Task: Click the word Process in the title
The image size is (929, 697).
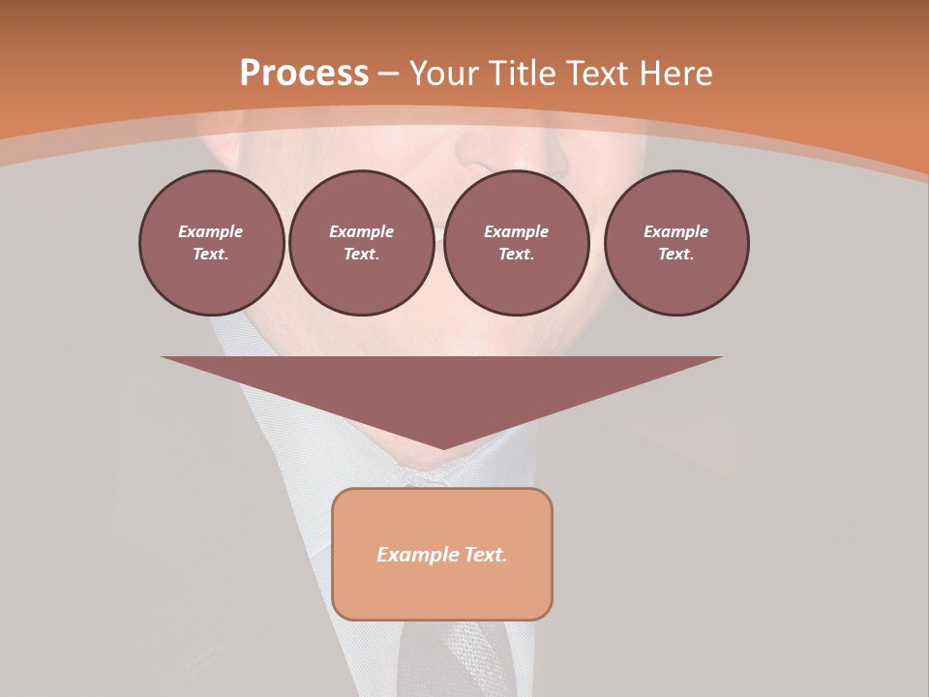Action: click(304, 74)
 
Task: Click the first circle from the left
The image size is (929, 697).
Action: click(211, 242)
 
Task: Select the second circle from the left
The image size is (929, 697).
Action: click(361, 242)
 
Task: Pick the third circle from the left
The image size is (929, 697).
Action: click(516, 242)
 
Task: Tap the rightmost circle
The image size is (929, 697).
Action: click(676, 242)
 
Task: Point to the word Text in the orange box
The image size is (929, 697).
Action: click(486, 555)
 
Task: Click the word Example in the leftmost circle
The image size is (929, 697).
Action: click(211, 231)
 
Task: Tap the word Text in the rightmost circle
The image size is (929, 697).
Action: click(675, 255)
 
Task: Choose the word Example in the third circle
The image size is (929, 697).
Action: click(516, 231)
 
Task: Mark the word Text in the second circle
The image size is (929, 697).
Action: click(361, 255)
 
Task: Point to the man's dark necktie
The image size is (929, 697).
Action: click(455, 658)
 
